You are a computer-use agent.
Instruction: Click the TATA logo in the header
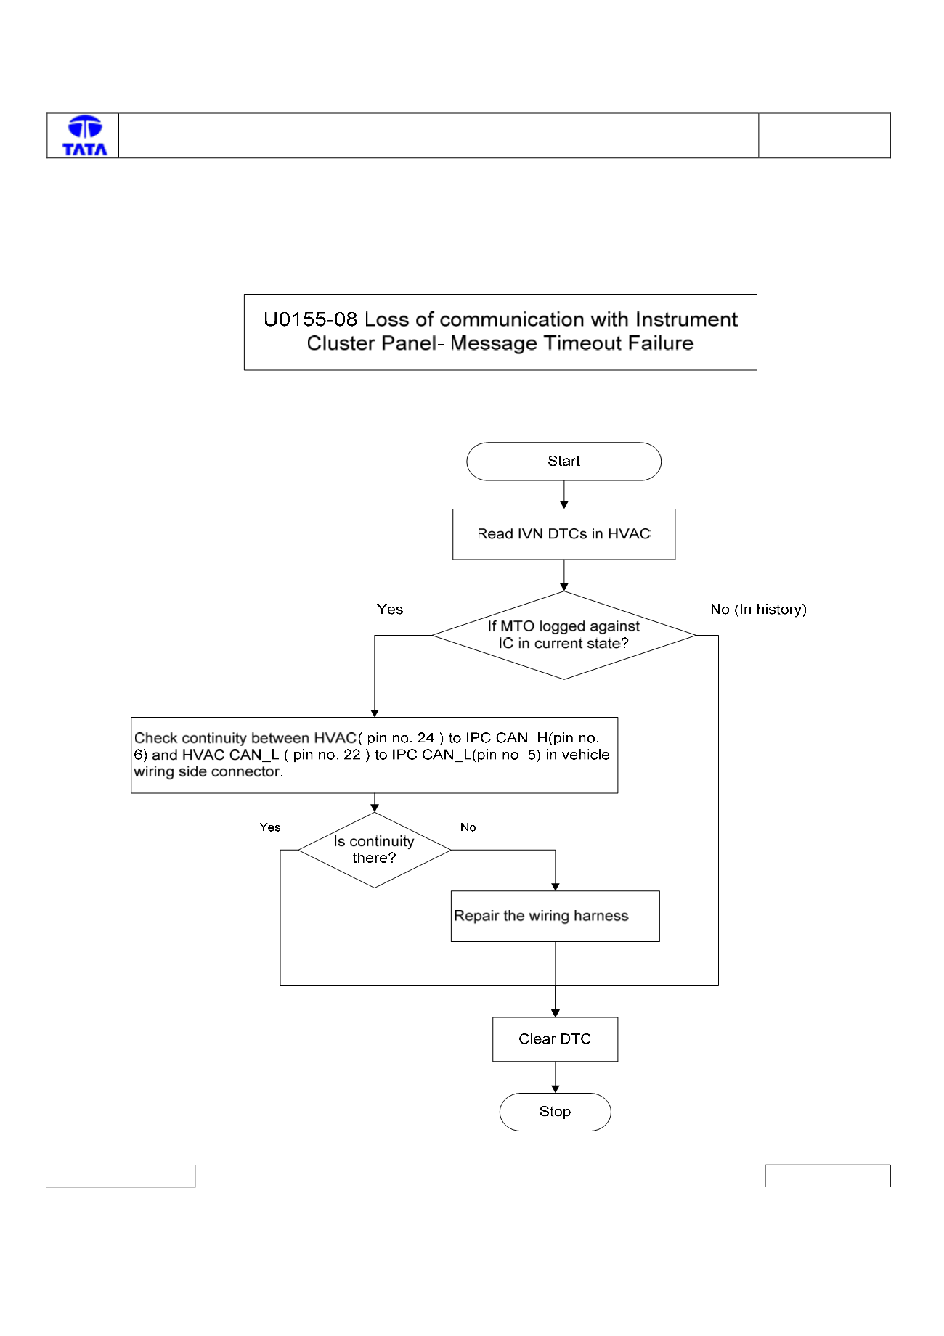click(85, 136)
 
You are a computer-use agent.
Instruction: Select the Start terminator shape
click(563, 462)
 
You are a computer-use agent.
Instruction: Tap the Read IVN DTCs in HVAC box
click(563, 534)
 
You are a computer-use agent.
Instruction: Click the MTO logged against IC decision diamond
click(563, 635)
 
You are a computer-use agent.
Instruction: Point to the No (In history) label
click(758, 610)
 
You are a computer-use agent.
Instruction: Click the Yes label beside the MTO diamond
click(390, 610)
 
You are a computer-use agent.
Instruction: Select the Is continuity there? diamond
click(374, 850)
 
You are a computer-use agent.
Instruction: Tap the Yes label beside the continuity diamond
click(270, 827)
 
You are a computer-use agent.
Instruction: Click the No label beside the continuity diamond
click(468, 827)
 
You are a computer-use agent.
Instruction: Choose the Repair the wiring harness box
click(555, 916)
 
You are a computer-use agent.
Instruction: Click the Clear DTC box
click(555, 1039)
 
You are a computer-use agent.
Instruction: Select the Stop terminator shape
click(555, 1112)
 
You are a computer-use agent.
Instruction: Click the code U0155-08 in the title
click(311, 319)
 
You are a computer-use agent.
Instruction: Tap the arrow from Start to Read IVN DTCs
click(563, 495)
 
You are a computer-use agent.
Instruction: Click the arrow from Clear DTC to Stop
click(555, 1078)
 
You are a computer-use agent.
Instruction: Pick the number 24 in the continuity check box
click(426, 738)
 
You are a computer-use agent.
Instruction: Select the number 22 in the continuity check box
click(351, 755)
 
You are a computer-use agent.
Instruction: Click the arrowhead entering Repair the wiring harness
click(556, 887)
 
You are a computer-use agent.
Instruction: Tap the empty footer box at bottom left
click(121, 1176)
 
